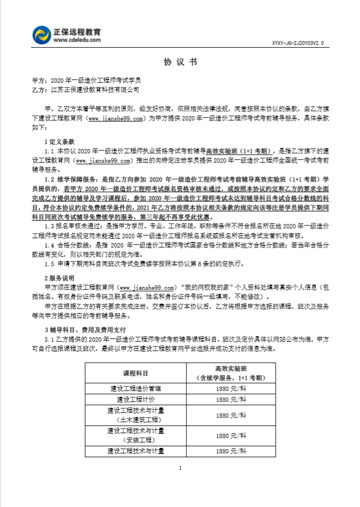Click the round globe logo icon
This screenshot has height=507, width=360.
tap(41, 36)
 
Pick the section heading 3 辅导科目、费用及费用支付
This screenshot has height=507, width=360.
tap(85, 330)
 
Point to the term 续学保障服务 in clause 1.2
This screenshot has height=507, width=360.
tap(77, 178)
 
